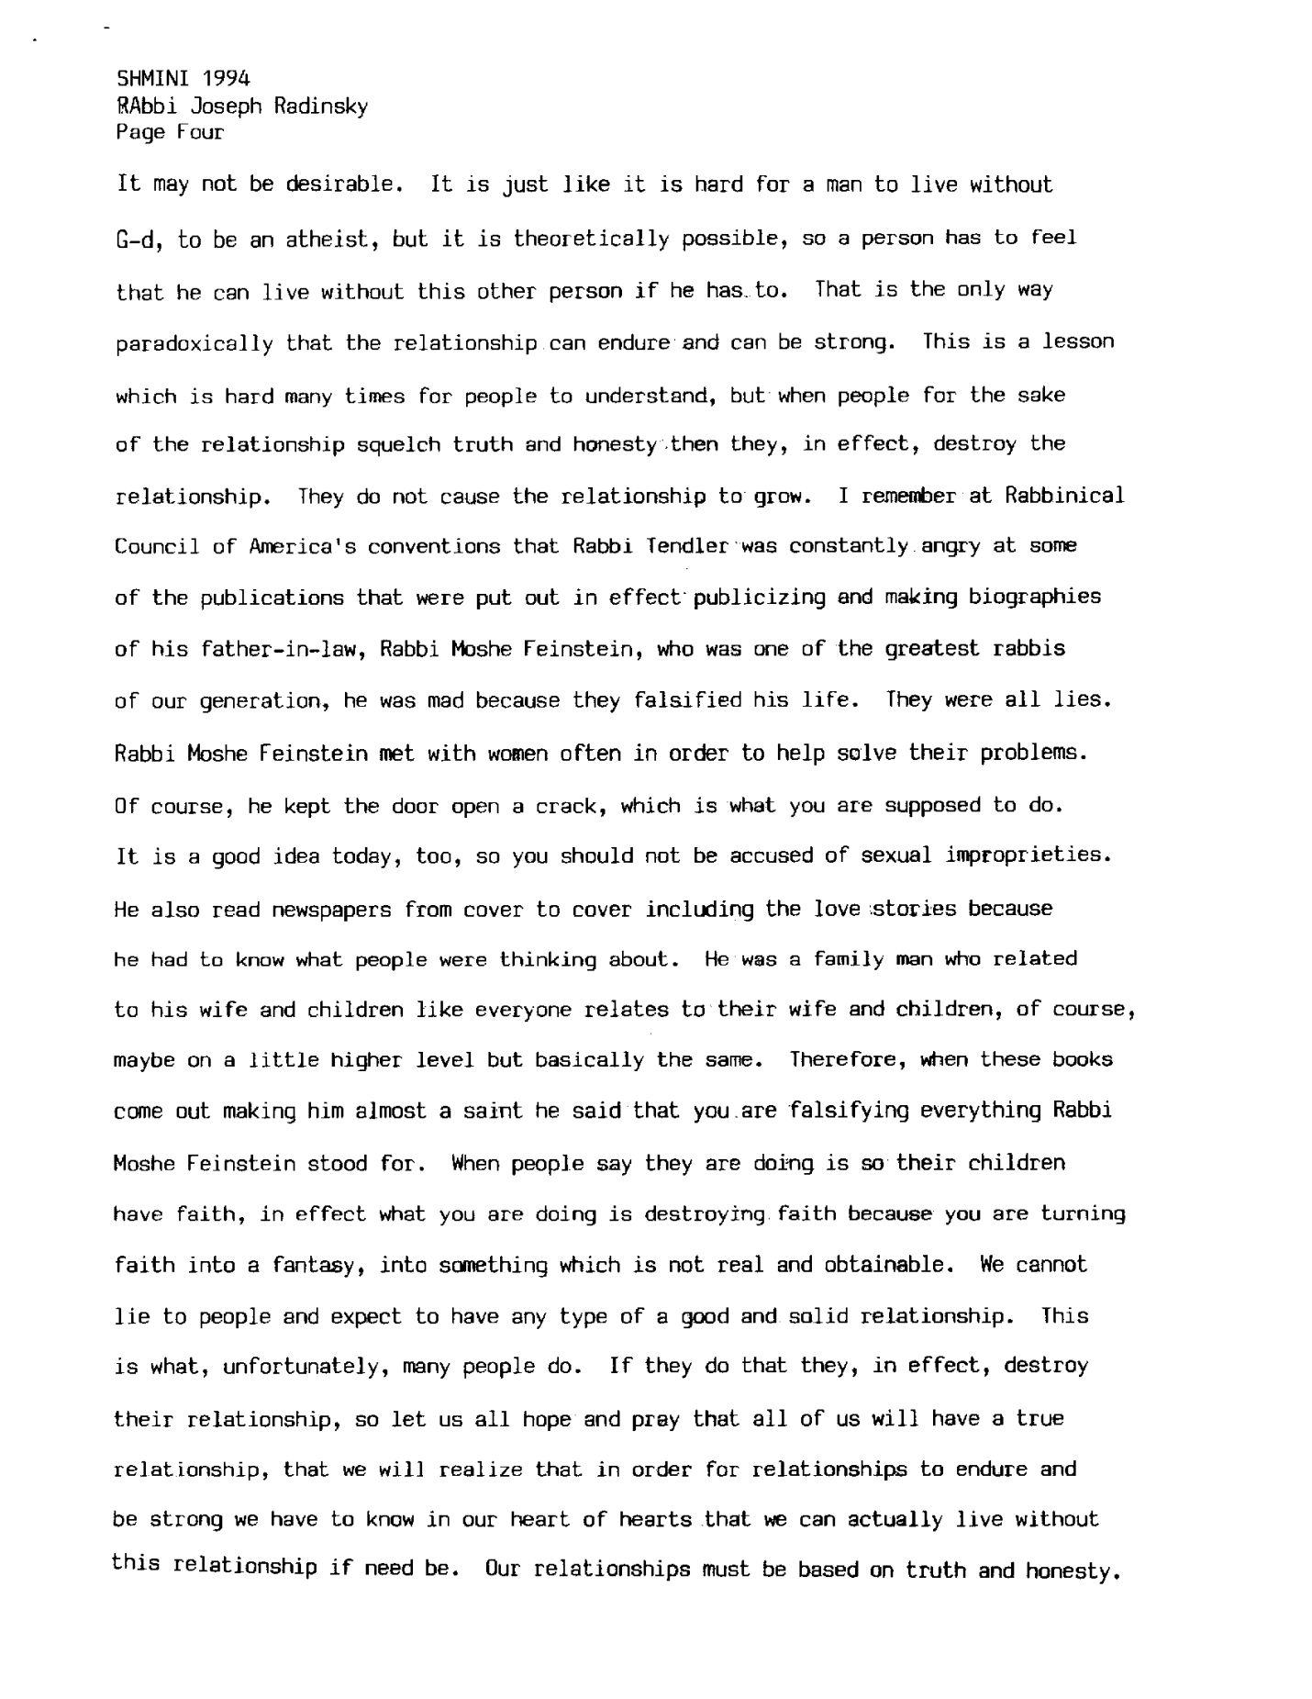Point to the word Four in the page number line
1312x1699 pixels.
[201, 132]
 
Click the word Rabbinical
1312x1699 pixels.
[1063, 496]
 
